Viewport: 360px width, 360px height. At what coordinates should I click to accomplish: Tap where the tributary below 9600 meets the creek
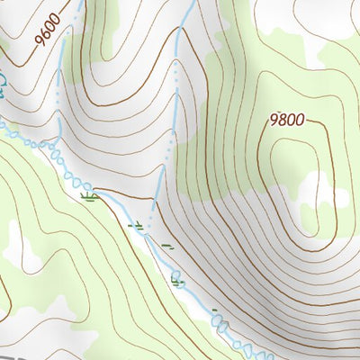point(56,144)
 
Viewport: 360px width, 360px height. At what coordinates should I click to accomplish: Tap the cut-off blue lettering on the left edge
point(4,85)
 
